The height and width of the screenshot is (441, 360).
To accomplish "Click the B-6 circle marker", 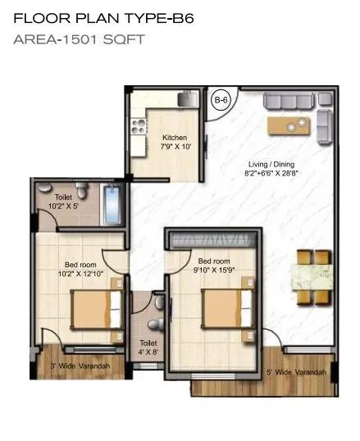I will click(x=220, y=102).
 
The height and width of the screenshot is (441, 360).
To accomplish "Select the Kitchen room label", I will click(x=174, y=138).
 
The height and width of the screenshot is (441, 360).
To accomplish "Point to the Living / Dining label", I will click(x=270, y=164).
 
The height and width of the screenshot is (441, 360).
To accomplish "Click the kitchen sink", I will click(x=187, y=99).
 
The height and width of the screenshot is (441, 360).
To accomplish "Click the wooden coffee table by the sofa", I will click(x=290, y=126).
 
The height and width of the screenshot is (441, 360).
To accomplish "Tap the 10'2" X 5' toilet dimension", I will click(x=64, y=208).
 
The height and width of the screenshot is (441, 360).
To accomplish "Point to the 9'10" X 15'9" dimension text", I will click(x=216, y=270).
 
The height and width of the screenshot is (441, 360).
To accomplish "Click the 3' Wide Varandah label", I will click(x=80, y=366).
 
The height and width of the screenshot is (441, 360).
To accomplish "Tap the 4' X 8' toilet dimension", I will click(x=148, y=354).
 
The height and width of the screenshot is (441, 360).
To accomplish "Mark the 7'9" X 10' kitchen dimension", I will click(x=175, y=148).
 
